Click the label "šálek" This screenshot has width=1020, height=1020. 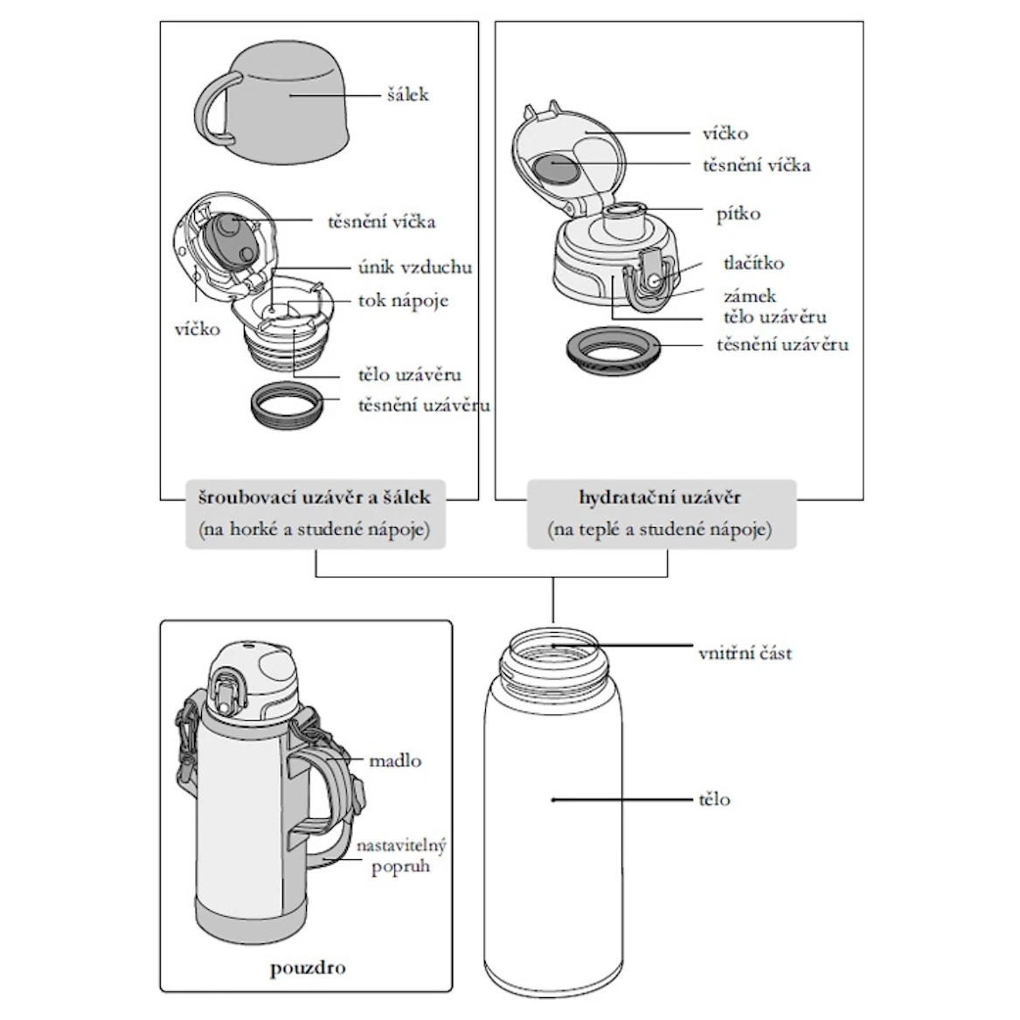pyautogui.click(x=408, y=94)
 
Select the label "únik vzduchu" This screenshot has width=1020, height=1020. pyautogui.click(x=415, y=267)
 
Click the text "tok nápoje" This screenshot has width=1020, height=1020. pyautogui.click(x=403, y=301)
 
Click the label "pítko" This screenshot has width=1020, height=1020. pyautogui.click(x=738, y=214)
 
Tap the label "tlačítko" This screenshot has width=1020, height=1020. pyautogui.click(x=753, y=263)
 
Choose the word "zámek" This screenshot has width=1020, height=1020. pyautogui.click(x=749, y=296)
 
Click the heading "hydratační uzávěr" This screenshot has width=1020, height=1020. pyautogui.click(x=660, y=498)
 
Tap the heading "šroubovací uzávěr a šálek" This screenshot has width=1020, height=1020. pyautogui.click(x=315, y=498)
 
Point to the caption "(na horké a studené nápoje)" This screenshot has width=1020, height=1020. pyautogui.click(x=315, y=530)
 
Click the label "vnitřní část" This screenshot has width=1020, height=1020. pyautogui.click(x=745, y=653)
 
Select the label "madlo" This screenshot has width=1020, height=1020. pyautogui.click(x=394, y=760)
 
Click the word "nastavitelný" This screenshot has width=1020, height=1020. pyautogui.click(x=401, y=846)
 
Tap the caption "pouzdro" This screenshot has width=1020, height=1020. pyautogui.click(x=307, y=968)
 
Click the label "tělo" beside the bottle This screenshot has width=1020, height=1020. pyautogui.click(x=714, y=800)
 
